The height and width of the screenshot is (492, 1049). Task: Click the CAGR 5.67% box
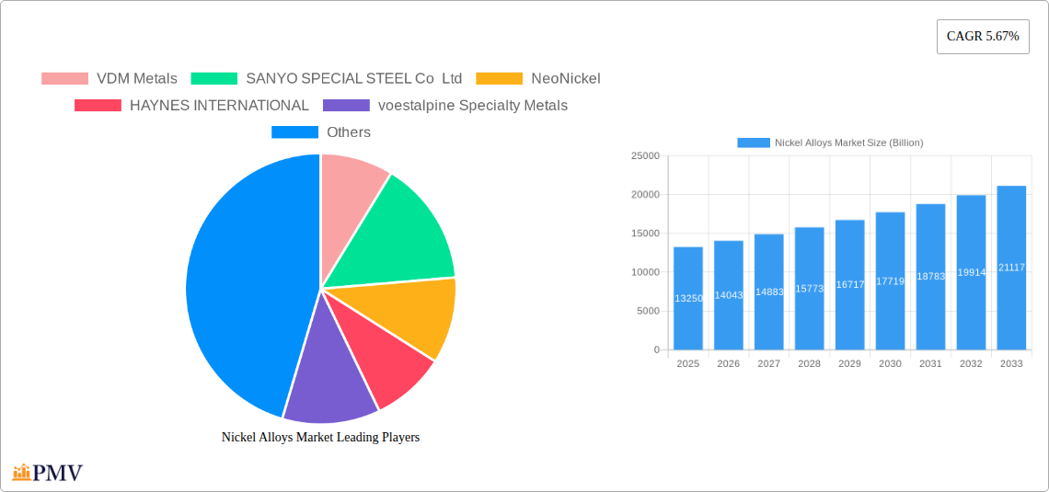982,37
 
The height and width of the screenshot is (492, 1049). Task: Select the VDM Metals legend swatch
64,79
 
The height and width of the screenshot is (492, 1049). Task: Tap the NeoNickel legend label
565,79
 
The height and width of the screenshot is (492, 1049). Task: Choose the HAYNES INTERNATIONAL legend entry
219,106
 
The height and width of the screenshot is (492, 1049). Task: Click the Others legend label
349,132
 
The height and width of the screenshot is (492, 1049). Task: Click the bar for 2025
688,299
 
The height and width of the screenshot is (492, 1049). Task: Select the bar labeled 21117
1011,268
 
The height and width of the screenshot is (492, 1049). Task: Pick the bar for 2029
849,285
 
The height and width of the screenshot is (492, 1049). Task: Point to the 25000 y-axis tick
644,156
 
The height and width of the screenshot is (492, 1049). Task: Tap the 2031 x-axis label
930,364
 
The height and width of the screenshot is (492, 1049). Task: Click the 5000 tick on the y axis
647,311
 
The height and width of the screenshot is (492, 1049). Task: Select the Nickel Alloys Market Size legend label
848,143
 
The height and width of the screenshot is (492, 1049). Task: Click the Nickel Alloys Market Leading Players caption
320,438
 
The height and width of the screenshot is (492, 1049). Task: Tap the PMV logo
48,473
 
